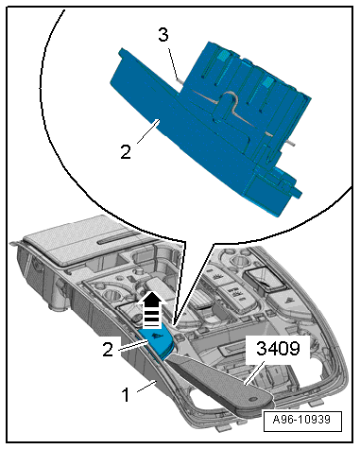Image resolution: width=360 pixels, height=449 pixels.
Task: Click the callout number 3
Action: click(x=163, y=35)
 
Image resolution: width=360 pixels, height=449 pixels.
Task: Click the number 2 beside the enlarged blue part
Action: click(x=126, y=152)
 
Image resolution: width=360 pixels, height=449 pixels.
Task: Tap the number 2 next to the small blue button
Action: click(x=108, y=350)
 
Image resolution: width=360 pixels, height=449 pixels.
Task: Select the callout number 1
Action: click(x=126, y=394)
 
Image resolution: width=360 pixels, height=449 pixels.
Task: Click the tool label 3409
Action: click(x=278, y=349)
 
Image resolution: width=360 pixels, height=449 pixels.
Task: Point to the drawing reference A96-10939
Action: click(x=301, y=420)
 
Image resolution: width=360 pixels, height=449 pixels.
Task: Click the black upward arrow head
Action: click(x=152, y=299)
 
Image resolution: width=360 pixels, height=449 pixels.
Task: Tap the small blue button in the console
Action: click(x=157, y=343)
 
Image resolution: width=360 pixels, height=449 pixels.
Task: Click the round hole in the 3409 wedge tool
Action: click(x=251, y=399)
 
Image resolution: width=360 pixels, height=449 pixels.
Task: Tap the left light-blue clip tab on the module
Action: click(x=223, y=56)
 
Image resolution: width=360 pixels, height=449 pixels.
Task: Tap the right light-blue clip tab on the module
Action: click(x=267, y=81)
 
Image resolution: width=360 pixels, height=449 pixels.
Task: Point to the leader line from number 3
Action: click(x=173, y=63)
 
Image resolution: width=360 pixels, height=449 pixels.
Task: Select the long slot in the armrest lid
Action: click(x=116, y=241)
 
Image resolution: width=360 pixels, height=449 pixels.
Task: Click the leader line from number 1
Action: click(x=146, y=387)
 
